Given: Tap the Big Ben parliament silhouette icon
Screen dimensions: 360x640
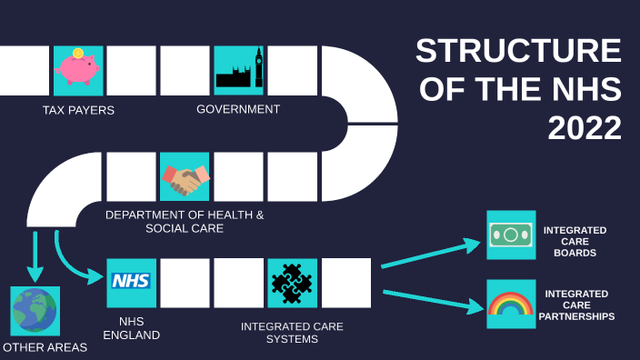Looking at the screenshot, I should [238, 70].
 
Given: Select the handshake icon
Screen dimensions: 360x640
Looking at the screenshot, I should [185, 176].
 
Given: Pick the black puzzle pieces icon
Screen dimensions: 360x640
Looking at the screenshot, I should [292, 283].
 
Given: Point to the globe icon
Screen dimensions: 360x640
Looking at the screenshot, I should [35, 311].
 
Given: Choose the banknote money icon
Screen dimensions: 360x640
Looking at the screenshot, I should [511, 235].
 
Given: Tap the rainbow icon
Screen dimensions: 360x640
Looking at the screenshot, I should [511, 304].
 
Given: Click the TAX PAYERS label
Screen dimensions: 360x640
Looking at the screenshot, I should [78, 111].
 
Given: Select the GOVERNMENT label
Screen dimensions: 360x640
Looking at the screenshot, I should [238, 109].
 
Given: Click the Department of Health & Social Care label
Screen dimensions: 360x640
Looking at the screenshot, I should [185, 222].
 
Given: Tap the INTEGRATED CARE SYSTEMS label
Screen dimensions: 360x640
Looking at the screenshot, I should [292, 333].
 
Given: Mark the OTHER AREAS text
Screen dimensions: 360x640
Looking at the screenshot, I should [45, 347].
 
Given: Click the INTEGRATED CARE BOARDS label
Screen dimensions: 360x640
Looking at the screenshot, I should [575, 241].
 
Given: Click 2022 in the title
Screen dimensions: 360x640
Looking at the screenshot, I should [585, 129].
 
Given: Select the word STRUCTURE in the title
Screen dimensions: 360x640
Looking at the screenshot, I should [518, 52].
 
